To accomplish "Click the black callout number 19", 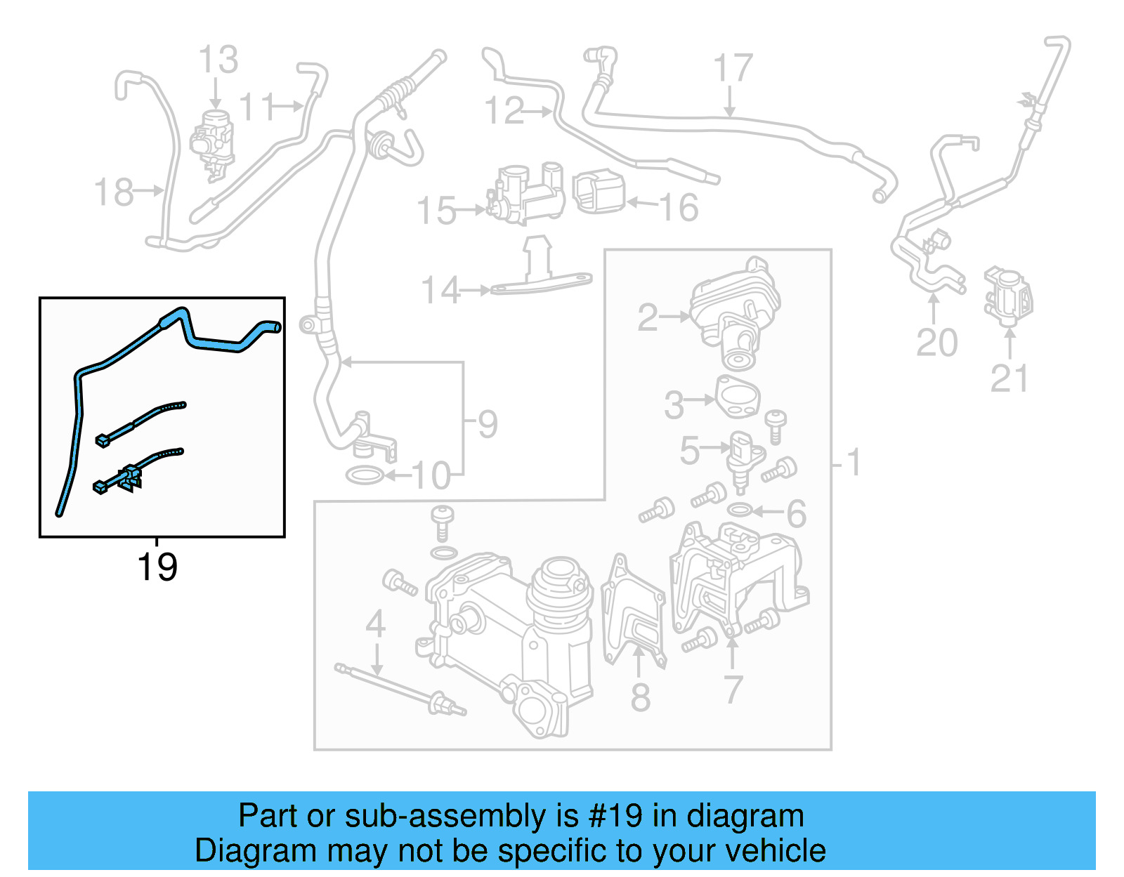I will tap(157, 567).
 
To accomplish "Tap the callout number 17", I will tap(733, 68).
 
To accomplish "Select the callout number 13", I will tap(218, 60).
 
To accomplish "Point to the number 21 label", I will tap(1009, 379).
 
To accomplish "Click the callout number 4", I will tap(376, 624).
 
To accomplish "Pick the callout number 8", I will tap(640, 697).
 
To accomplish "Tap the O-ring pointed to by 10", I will tap(365, 476).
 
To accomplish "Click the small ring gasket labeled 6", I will tap(740, 509).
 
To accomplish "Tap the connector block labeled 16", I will tap(599, 192).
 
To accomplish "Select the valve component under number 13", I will tap(213, 140).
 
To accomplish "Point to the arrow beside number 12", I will tap(540, 111).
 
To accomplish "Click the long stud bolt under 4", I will tap(400, 688).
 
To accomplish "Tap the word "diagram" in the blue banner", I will tap(745, 816).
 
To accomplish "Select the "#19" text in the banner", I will tap(615, 816).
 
